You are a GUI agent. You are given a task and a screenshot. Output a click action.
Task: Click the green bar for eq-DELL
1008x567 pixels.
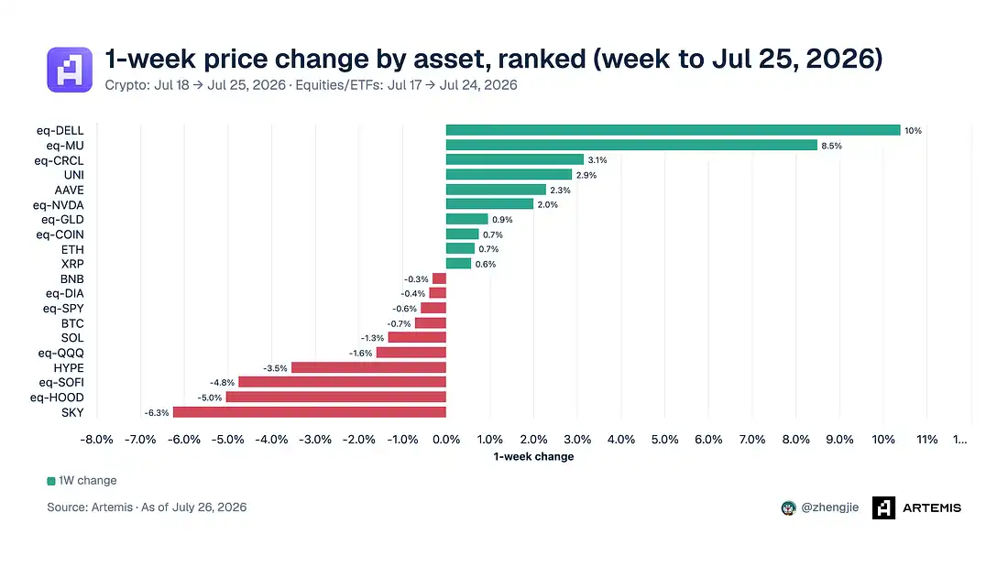click(x=674, y=130)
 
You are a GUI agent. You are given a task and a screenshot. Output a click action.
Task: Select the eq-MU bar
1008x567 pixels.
click(x=631, y=146)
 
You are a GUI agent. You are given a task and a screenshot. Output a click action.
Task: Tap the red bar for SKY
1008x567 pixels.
click(x=309, y=412)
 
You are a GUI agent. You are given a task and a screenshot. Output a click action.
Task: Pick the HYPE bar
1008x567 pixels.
click(x=368, y=367)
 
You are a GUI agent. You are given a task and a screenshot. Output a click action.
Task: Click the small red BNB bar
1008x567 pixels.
click(x=439, y=279)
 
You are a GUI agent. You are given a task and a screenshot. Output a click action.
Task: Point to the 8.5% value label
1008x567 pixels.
click(x=831, y=146)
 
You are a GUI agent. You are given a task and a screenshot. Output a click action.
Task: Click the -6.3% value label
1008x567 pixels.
click(x=156, y=413)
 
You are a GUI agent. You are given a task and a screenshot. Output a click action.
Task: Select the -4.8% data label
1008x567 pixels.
click(x=222, y=383)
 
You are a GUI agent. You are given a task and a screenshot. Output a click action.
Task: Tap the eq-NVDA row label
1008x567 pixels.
click(x=59, y=205)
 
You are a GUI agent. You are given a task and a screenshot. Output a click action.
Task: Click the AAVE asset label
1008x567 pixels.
click(x=69, y=191)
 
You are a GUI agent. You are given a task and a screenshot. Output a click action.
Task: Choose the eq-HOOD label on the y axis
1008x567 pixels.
click(x=57, y=398)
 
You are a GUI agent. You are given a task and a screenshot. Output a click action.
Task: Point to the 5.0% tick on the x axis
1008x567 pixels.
click(x=664, y=440)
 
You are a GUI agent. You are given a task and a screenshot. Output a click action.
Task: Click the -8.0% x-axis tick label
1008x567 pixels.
click(x=96, y=440)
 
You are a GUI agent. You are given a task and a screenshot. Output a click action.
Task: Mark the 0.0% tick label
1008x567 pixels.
click(x=446, y=440)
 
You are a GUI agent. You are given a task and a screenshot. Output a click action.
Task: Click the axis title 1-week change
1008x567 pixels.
click(x=533, y=456)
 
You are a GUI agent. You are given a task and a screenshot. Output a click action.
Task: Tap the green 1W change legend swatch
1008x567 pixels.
click(x=50, y=481)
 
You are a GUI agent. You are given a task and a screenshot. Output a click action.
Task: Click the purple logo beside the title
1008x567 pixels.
click(x=70, y=70)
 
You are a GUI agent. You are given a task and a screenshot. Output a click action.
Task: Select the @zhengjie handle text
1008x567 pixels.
click(x=830, y=507)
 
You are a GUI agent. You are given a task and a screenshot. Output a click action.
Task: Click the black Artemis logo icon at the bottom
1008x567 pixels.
click(x=884, y=507)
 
